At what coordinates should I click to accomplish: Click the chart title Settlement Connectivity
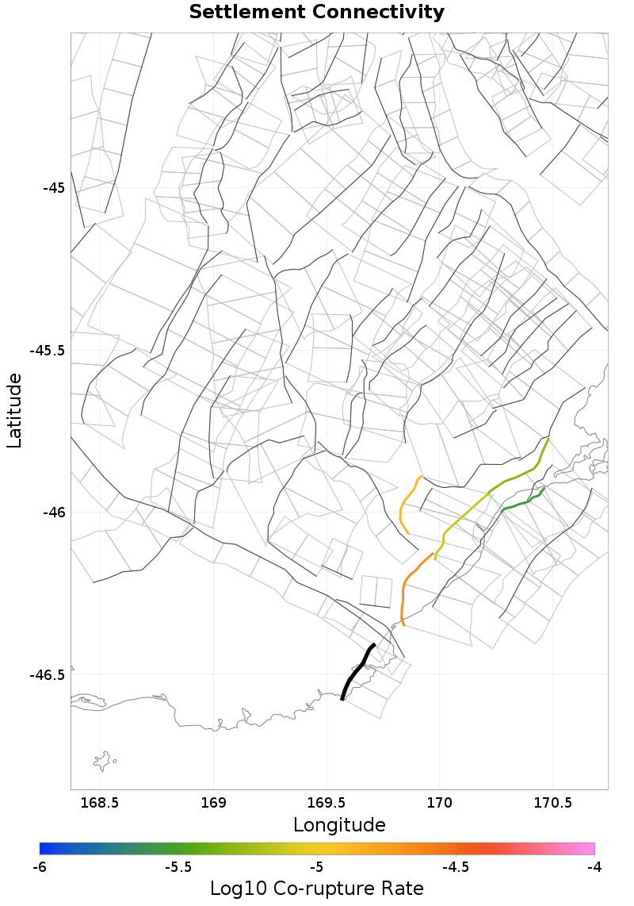(316, 13)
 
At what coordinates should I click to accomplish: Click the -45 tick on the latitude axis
(53, 188)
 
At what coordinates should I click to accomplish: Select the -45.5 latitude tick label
(48, 350)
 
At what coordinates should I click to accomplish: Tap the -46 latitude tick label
(53, 513)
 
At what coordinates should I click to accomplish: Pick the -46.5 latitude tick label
(48, 675)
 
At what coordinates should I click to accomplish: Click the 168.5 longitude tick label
(101, 803)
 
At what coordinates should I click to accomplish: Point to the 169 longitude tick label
(214, 803)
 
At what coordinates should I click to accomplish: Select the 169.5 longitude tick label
(327, 803)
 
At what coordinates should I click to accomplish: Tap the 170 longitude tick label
(439, 803)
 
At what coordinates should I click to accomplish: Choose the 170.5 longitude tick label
(552, 803)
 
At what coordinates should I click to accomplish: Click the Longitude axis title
(339, 825)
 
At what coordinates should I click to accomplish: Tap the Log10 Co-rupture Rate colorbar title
(316, 889)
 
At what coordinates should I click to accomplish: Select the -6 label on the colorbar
(40, 867)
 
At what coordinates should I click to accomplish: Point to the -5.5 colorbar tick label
(178, 867)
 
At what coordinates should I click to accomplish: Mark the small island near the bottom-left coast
(102, 762)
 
